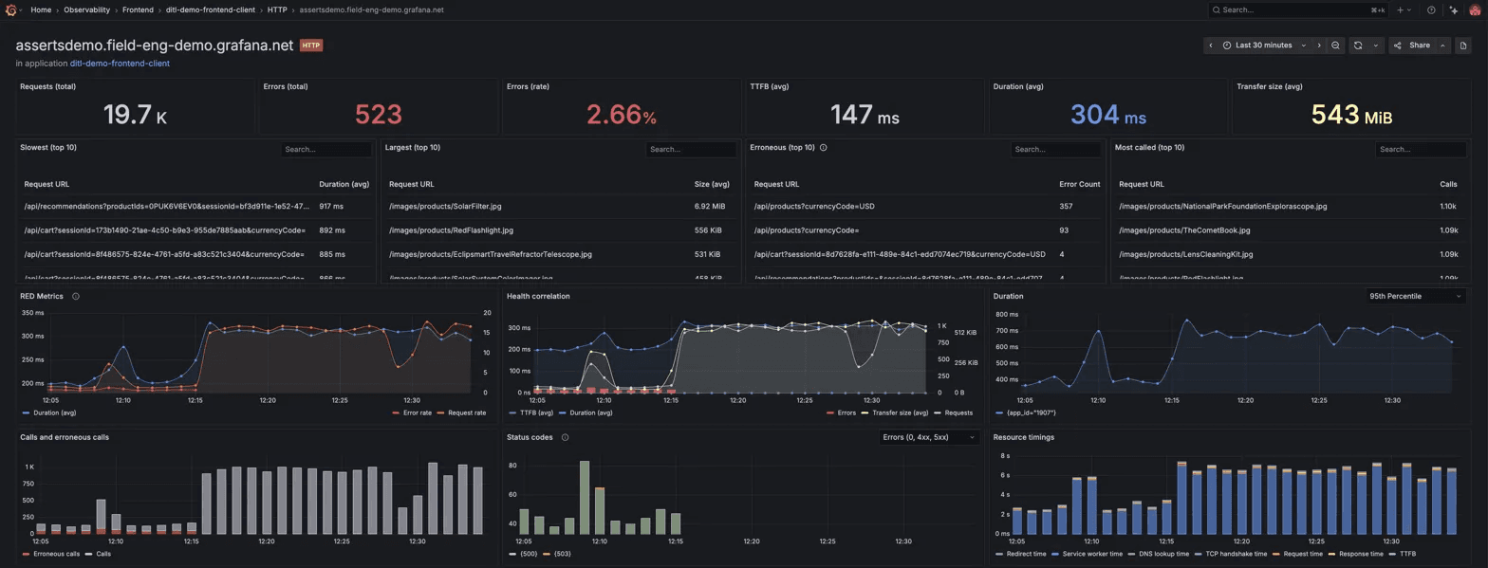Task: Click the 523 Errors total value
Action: (x=378, y=115)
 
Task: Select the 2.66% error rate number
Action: (x=621, y=115)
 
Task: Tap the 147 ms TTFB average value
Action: (x=864, y=115)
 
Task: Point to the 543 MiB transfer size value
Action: (x=1351, y=115)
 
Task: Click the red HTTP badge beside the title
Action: (x=311, y=45)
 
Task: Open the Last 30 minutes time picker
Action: (x=1262, y=45)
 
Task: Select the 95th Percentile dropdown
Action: (x=1414, y=296)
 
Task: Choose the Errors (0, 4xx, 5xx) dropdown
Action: (x=928, y=437)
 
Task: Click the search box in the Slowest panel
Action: (x=325, y=150)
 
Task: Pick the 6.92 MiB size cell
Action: (x=710, y=206)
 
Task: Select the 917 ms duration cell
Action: (x=331, y=206)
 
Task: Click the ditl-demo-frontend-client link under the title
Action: (x=120, y=64)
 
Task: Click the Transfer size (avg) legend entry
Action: (x=893, y=413)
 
